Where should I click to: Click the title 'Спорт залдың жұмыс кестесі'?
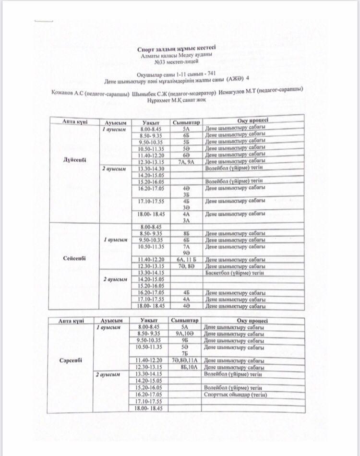tap(177, 48)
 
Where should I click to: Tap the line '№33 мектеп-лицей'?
tap(177, 62)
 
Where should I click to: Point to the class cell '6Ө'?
tap(185, 155)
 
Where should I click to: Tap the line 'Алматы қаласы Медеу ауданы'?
tap(177, 55)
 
